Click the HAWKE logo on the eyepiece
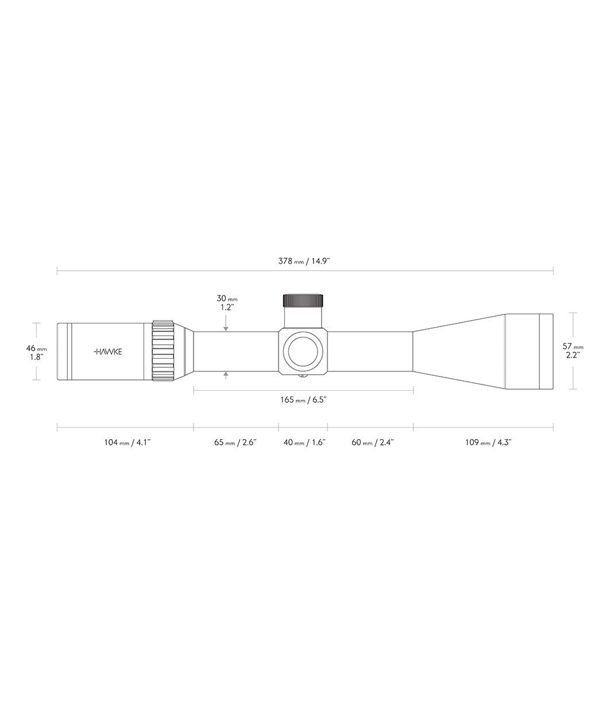[107, 352]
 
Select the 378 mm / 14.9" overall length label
[304, 261]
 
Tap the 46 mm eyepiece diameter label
[36, 348]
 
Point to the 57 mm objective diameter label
[573, 347]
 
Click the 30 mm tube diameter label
[227, 298]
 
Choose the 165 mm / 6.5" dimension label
[303, 399]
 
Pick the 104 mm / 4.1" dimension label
[127, 443]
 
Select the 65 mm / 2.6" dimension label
[235, 443]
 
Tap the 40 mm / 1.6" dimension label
[304, 443]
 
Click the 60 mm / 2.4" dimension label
[373, 443]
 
